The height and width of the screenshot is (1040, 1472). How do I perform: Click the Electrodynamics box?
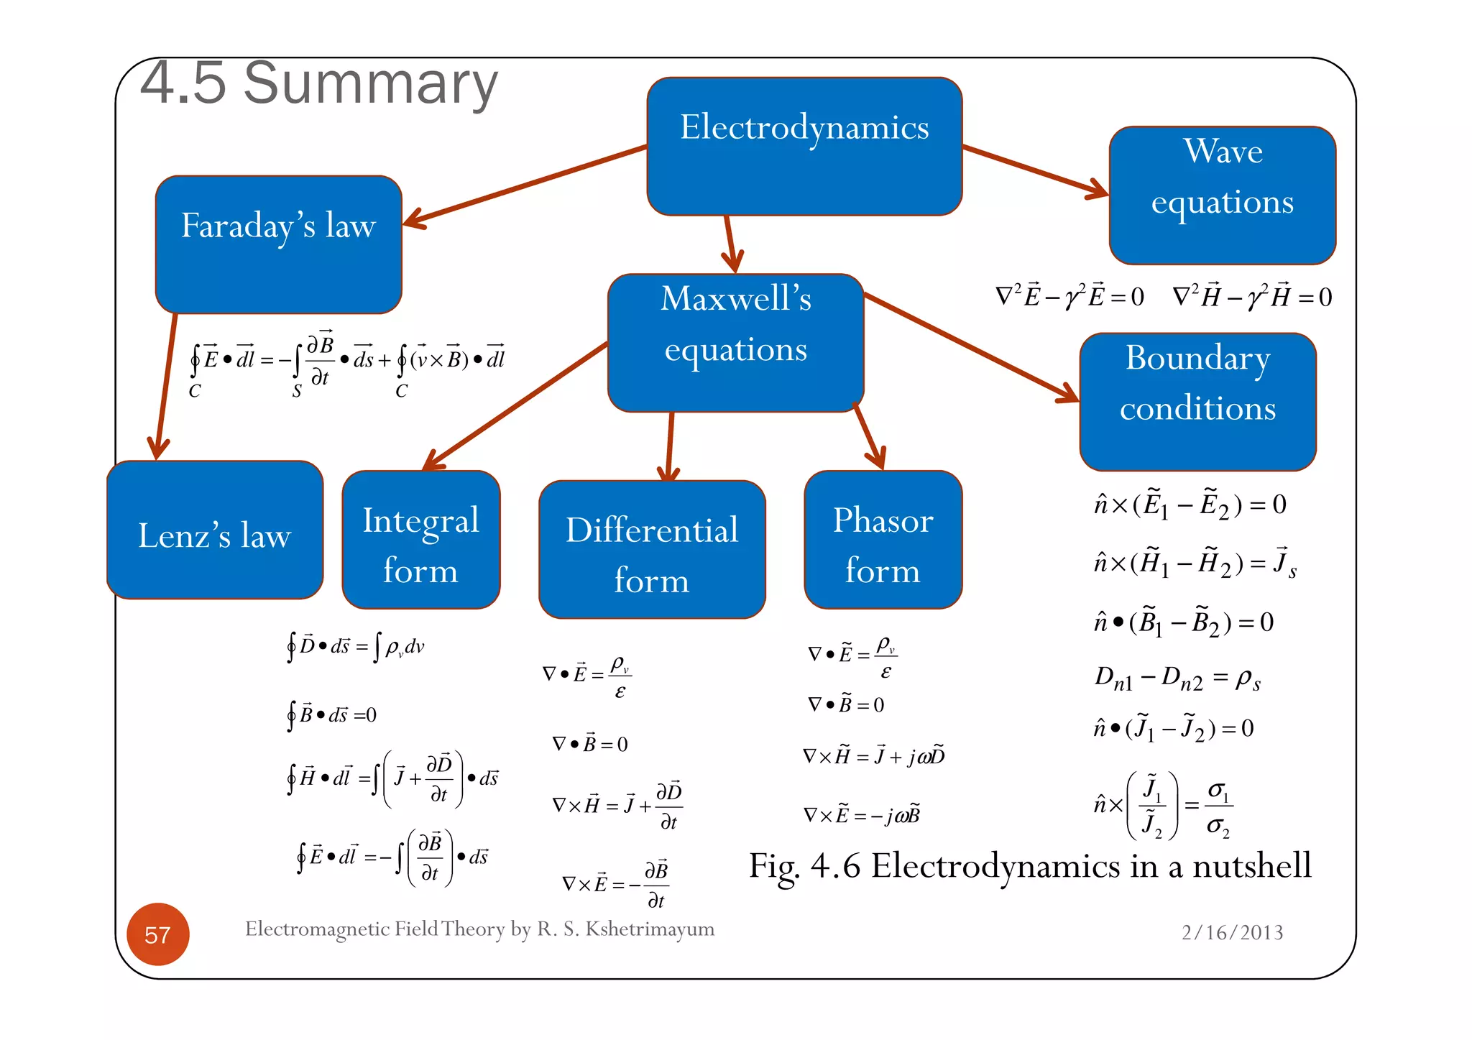pyautogui.click(x=804, y=146)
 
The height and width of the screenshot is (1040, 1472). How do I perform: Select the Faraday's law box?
pyautogui.click(x=278, y=244)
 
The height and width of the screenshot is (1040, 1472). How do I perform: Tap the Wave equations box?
pyautogui.click(x=1222, y=195)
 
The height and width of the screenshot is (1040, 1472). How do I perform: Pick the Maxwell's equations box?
pyautogui.click(x=735, y=342)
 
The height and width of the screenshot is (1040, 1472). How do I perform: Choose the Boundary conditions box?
pyautogui.click(x=1197, y=401)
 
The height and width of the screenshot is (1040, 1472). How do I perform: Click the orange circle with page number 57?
pyautogui.click(x=158, y=934)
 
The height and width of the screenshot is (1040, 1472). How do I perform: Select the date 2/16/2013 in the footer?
pyautogui.click(x=1232, y=932)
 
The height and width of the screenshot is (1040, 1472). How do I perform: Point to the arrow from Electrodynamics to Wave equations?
pyautogui.click(x=1035, y=170)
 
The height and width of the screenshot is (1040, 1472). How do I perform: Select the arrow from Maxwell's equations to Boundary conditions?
pyautogui.click(x=970, y=346)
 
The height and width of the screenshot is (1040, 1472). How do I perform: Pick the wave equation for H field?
pyautogui.click(x=1251, y=296)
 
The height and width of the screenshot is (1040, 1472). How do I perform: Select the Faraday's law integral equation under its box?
pyautogui.click(x=346, y=363)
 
